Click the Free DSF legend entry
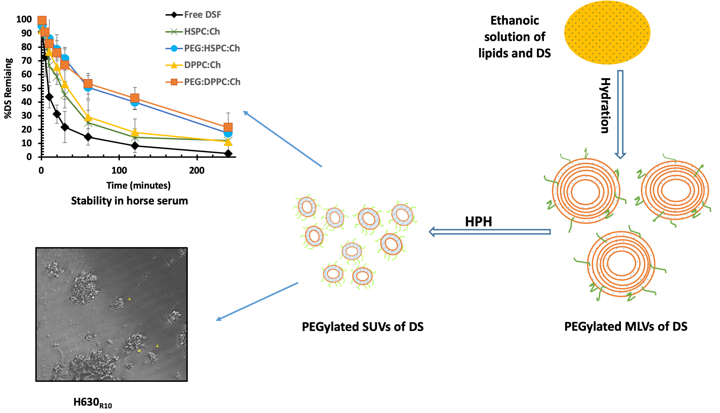[202, 15]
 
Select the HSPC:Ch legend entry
[202, 31]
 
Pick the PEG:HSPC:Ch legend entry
[212, 48]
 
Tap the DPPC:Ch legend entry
[202, 65]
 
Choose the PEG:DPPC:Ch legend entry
[212, 82]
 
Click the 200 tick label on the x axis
[197, 170]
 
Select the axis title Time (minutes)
[139, 185]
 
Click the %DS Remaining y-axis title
[8, 88]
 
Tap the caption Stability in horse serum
[129, 201]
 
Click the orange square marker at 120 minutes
[135, 98]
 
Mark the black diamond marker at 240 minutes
[228, 154]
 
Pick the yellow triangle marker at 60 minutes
[88, 117]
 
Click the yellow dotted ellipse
[607, 32]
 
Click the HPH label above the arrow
[478, 222]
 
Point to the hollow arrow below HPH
[490, 232]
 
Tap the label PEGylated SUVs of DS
[362, 327]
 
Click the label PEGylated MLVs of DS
[626, 327]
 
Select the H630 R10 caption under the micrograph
[93, 403]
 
